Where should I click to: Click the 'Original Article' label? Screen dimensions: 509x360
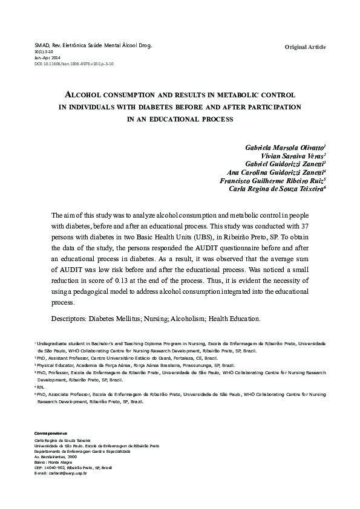pyautogui.click(x=305, y=47)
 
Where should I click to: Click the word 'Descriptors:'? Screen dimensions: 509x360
pyautogui.click(x=67, y=318)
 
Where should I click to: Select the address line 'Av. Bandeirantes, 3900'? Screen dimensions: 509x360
pyautogui.click(x=56, y=456)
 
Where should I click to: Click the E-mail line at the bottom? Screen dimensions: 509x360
pyautogui.click(x=61, y=473)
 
